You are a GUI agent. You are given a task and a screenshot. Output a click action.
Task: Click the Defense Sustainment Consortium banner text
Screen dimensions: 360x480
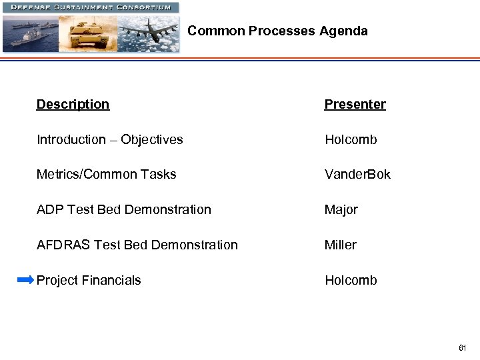click(90, 7)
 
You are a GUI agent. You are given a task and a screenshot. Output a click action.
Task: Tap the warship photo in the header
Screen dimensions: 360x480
click(30, 33)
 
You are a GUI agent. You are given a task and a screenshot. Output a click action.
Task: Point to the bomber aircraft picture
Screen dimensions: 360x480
click(148, 33)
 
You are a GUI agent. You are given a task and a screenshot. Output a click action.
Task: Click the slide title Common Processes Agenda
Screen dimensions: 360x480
click(277, 31)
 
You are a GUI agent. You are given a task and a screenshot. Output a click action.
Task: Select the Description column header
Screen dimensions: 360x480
click(73, 105)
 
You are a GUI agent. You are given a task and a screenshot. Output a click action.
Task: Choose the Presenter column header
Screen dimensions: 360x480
click(355, 105)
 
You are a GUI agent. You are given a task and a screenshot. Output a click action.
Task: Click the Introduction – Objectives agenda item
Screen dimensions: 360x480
click(109, 140)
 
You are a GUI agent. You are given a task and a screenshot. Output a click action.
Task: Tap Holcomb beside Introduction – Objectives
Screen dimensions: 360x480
click(351, 140)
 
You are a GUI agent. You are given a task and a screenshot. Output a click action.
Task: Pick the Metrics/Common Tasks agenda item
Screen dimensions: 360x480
click(106, 175)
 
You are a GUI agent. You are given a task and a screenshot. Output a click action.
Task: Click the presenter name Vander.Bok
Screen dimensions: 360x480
click(357, 175)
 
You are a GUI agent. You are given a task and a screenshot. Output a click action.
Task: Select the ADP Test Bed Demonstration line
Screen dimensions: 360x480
click(123, 210)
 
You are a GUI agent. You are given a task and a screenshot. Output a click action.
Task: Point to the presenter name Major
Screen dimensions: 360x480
click(341, 210)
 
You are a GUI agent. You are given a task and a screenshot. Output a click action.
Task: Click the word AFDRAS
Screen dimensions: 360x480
click(63, 245)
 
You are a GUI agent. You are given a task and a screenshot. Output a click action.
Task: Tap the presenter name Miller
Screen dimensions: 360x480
click(340, 245)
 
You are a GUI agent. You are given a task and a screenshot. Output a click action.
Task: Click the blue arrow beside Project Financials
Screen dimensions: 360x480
click(25, 280)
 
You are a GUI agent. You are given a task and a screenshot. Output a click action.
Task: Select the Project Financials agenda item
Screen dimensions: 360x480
click(89, 281)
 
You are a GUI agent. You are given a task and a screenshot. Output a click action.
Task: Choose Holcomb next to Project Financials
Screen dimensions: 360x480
click(351, 281)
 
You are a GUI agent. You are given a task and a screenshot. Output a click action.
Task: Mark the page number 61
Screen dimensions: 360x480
click(462, 348)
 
